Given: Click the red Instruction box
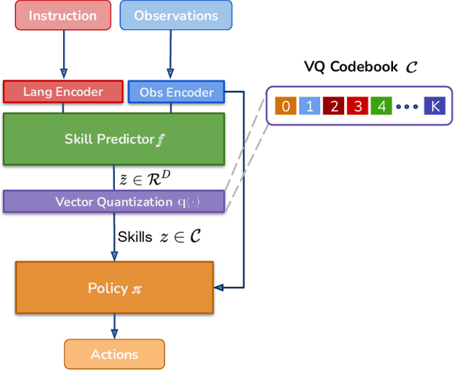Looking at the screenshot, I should coord(62,16).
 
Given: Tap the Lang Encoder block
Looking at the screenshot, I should coord(63,92).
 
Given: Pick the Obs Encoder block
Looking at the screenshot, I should coord(177,92).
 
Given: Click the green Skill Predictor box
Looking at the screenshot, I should coord(114,139).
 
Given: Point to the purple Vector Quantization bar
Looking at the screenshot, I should coord(114,202).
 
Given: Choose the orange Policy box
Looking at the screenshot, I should coord(114,288).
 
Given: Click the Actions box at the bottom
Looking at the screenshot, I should coord(114,354).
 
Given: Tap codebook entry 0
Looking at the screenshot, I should coord(286,107).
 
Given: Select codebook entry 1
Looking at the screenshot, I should coord(310,107).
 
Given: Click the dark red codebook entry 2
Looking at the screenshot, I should coord(334,107).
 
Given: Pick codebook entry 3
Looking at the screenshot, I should coord(358,107).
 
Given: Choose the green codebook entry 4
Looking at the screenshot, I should coord(382,107).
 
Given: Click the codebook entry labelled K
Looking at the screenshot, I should coord(433,107).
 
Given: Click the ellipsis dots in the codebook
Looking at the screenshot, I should coord(407,107).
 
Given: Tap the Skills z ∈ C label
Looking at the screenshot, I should coord(158,237).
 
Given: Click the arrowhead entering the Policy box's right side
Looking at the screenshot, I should coord(219,288).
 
